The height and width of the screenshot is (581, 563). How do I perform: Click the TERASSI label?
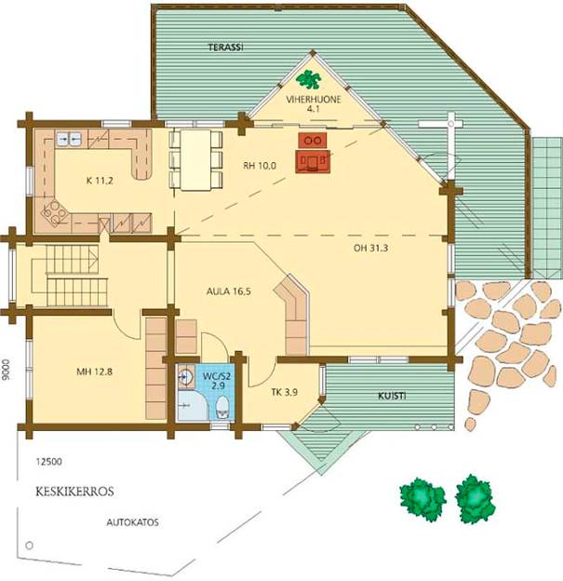(x=225, y=47)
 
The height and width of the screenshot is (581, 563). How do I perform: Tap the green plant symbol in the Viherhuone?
(x=309, y=79)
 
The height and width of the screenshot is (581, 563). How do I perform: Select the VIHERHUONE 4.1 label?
(x=314, y=104)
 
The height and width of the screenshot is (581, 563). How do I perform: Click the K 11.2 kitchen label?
(x=100, y=181)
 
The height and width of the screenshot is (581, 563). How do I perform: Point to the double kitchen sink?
(x=69, y=139)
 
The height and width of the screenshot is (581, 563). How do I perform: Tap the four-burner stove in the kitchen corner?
(x=55, y=212)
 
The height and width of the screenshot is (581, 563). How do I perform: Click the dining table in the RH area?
(x=195, y=160)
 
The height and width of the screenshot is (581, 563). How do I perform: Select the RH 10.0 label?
(x=260, y=166)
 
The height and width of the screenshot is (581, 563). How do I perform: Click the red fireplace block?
(x=313, y=153)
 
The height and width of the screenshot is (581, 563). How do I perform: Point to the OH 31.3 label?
(x=370, y=249)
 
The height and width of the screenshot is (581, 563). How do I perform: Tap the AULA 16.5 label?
(x=229, y=291)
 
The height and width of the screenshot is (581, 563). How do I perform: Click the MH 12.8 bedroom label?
(x=94, y=372)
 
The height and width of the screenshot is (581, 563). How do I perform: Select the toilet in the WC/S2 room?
(x=222, y=408)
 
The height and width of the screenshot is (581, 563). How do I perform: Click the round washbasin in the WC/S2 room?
(x=185, y=377)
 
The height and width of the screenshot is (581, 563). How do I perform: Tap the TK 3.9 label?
(x=285, y=392)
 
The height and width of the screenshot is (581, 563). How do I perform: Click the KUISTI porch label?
(x=392, y=396)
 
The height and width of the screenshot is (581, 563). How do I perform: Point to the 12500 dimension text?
(x=49, y=462)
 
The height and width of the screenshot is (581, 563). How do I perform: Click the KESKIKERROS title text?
(x=74, y=492)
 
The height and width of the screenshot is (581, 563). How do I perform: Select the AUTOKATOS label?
(x=132, y=522)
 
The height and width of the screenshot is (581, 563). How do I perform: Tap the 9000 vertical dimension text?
(x=6, y=370)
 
